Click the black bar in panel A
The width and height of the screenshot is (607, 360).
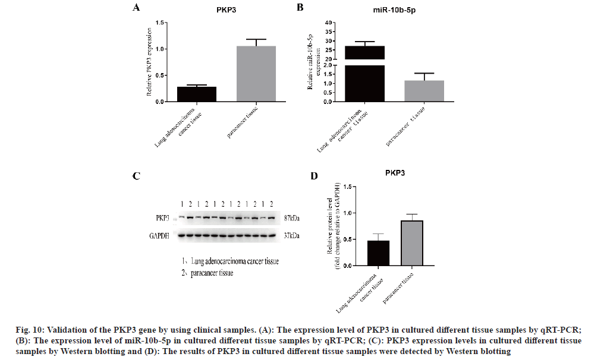click(x=196, y=94)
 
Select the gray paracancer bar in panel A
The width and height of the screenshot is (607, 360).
click(x=256, y=74)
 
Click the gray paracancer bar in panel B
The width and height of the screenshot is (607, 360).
click(x=424, y=91)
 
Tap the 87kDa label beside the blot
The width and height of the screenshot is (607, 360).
click(x=290, y=219)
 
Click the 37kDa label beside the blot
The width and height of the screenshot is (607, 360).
click(x=290, y=236)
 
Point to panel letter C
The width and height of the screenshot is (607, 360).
click(x=136, y=176)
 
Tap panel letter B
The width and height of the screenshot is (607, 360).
click(x=300, y=8)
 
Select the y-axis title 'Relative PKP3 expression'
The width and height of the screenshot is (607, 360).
click(x=151, y=62)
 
